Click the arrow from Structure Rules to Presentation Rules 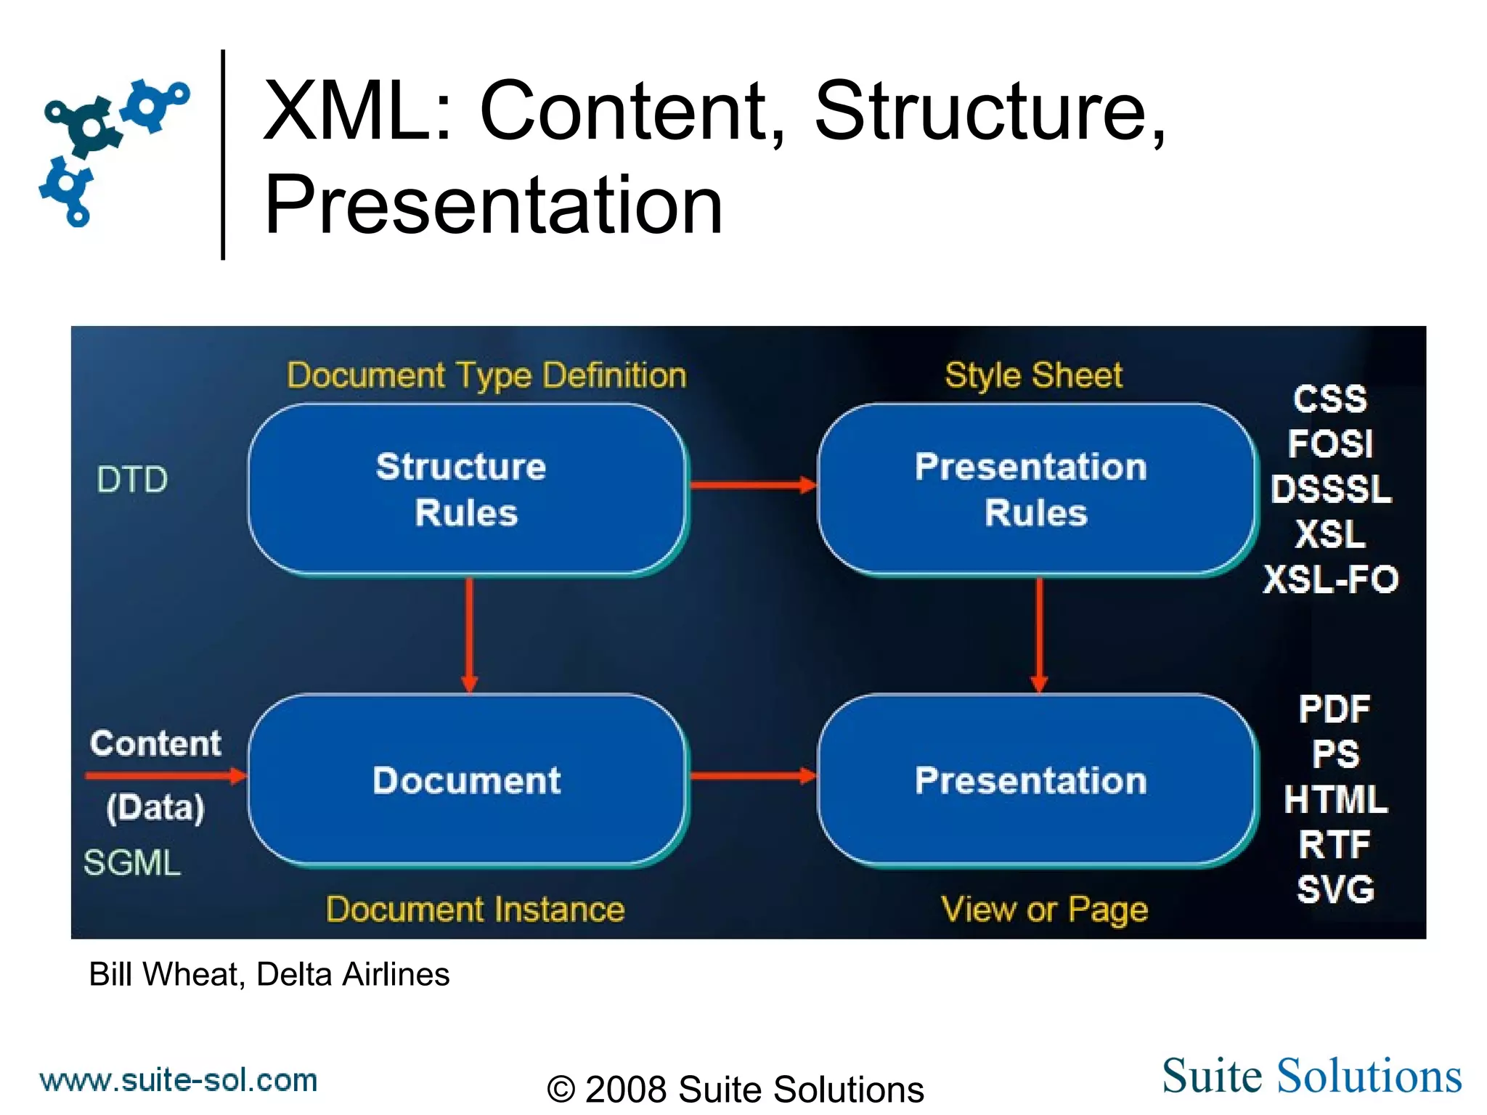coord(752,485)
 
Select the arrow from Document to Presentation coord(752,776)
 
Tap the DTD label coord(132,480)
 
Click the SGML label coord(131,863)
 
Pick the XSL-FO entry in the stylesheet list coord(1330,579)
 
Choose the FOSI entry coord(1330,444)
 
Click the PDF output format coord(1335,709)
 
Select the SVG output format coord(1335,889)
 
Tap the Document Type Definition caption coord(486,376)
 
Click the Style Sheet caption coord(1033,376)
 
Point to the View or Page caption coord(1044,910)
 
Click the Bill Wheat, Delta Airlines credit coord(269,974)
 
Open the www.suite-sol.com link coord(179,1080)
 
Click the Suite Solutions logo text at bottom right coord(1311,1076)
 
